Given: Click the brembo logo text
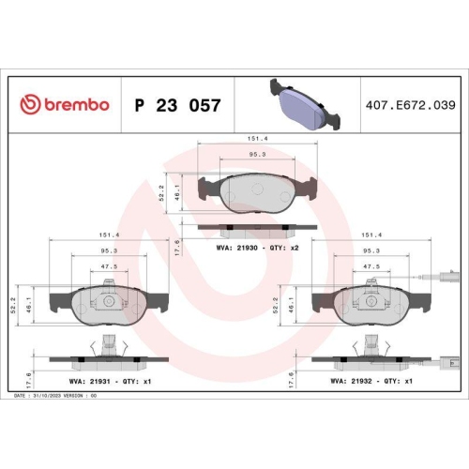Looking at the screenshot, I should (65, 104).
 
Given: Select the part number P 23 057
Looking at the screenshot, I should (178, 104).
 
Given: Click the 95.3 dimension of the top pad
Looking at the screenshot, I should (254, 154).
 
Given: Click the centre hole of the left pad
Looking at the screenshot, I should (110, 302).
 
